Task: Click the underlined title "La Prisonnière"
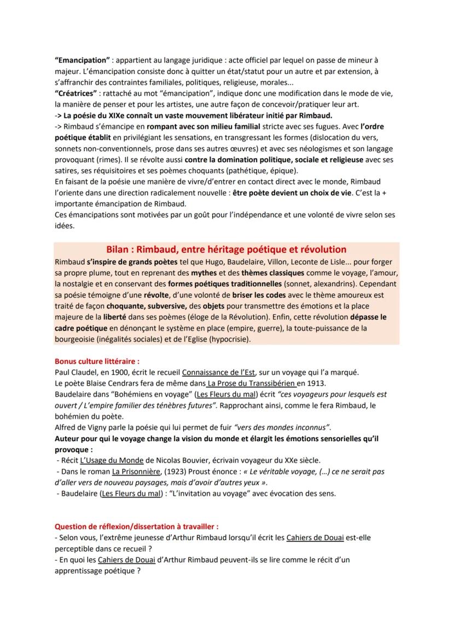[x=136, y=471]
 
